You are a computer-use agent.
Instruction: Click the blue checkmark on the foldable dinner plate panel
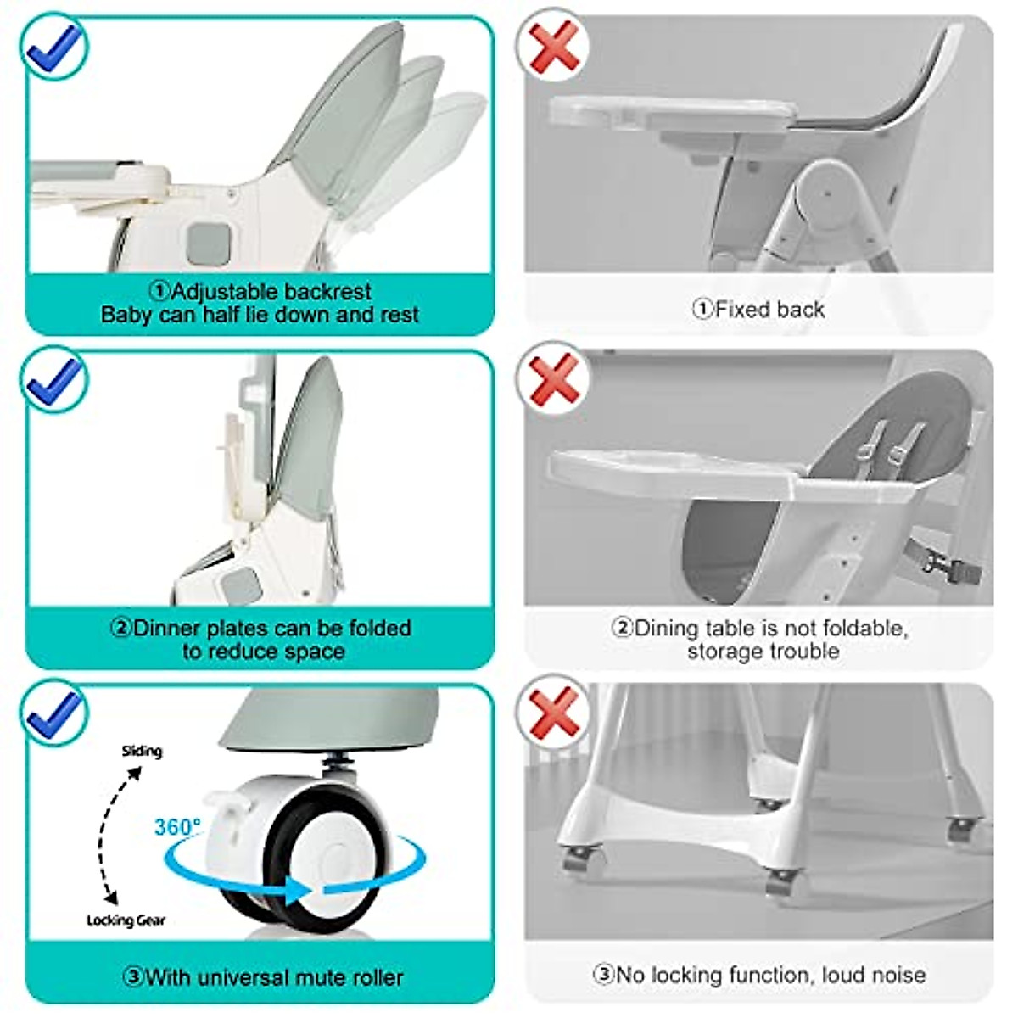pos(55,379)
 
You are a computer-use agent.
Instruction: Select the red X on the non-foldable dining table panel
pos(554,377)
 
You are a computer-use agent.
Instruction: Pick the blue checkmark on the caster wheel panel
pos(55,713)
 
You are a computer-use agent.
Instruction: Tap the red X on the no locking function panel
pos(554,711)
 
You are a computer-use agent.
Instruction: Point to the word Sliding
pos(142,751)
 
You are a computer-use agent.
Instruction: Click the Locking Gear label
pos(126,920)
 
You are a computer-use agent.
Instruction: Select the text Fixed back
pos(769,310)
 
